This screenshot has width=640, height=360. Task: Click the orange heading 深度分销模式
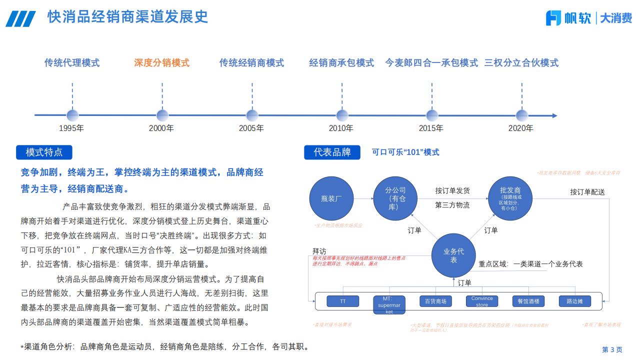(161, 63)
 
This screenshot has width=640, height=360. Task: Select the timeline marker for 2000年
(162, 115)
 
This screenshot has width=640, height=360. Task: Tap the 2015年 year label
(430, 128)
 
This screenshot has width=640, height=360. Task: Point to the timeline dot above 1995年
(72, 115)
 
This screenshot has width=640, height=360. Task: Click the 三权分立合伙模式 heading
(521, 63)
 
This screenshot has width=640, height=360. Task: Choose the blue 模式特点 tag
(44, 152)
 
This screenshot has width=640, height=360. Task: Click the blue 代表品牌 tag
(332, 152)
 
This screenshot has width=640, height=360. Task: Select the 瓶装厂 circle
(331, 198)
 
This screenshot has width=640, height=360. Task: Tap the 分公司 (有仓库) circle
(395, 198)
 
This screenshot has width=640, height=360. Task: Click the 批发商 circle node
(510, 198)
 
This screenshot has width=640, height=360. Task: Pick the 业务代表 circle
(453, 255)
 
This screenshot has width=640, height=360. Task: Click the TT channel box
(342, 301)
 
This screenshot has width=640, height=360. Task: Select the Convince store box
(482, 301)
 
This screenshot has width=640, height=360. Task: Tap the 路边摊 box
(575, 301)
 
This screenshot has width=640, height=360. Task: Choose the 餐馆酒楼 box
(528, 301)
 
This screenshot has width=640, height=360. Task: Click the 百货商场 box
(435, 301)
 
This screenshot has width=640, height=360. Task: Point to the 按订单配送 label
(587, 192)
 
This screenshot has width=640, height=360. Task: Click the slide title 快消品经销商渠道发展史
(127, 17)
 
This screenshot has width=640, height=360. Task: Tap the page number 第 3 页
(612, 349)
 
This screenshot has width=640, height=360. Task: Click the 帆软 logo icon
(554, 18)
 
